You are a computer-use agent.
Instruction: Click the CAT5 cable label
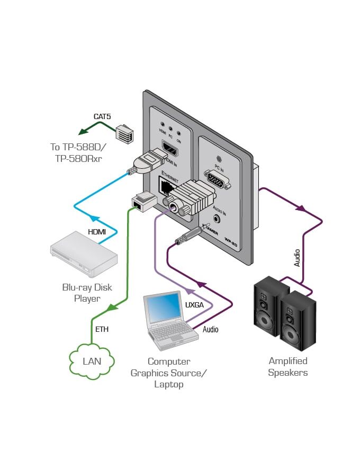point(102,116)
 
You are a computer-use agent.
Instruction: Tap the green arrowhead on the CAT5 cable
point(82,132)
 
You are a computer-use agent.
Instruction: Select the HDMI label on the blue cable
point(97,231)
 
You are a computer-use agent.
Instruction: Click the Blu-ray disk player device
point(84,258)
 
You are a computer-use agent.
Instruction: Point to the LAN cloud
point(92,361)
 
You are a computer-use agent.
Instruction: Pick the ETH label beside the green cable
point(102,329)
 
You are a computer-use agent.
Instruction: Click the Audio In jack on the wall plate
point(217,217)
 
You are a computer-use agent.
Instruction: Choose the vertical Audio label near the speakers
point(298,257)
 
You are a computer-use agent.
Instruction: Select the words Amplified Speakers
point(288,367)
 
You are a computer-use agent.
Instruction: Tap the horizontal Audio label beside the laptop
point(210,329)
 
